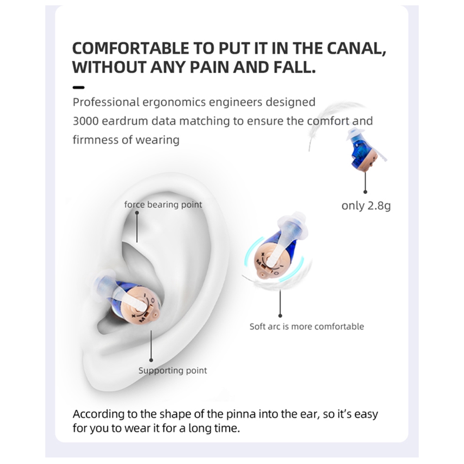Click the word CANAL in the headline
[356, 49]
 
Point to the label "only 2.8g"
[366, 206]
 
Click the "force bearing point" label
[163, 205]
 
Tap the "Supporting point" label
[173, 370]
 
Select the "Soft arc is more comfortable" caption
[307, 326]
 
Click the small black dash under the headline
[78, 87]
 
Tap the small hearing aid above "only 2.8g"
[365, 150]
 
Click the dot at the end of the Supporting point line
[151, 360]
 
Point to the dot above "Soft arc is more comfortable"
[280, 316]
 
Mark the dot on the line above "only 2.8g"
[365, 192]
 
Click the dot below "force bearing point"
[137, 213]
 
